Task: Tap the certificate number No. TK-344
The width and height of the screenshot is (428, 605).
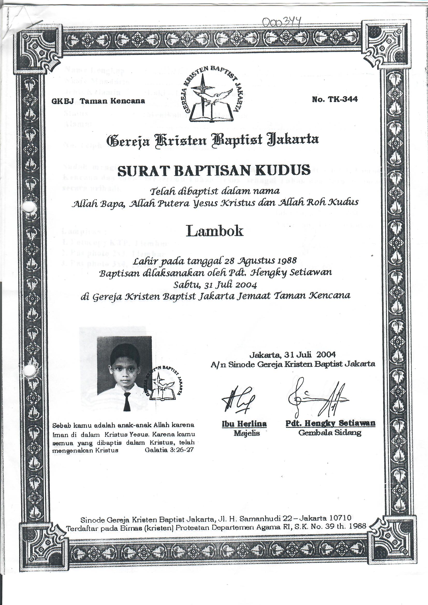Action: pos(335,99)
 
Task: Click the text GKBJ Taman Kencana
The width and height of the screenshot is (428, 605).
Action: pos(98,101)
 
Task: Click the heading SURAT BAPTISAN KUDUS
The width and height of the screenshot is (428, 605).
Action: pos(214,170)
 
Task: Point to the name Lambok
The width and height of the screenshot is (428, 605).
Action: pos(214,231)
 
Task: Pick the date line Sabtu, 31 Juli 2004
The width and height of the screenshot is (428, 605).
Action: pos(215,285)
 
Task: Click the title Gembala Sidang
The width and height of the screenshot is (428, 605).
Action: pos(330,433)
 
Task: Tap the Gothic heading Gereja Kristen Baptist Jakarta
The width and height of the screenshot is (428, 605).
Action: pos(213,140)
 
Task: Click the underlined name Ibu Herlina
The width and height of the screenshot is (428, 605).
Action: pos(244,424)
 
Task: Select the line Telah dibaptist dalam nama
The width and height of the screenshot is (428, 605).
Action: pos(215,191)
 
